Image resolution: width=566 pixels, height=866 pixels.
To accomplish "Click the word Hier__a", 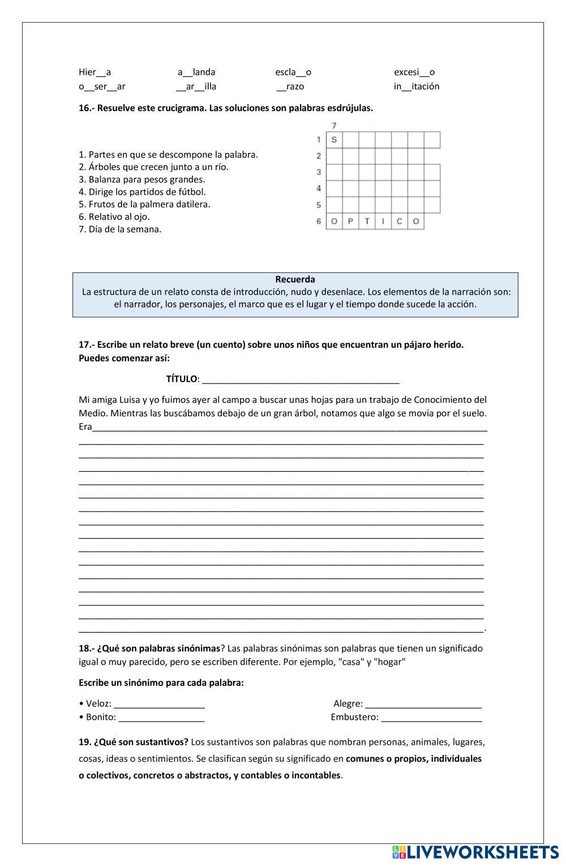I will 95,72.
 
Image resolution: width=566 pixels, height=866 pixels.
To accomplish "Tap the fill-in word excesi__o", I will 414,72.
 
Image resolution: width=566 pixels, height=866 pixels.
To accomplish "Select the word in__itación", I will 417,87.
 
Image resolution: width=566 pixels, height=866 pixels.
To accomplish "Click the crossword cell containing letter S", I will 334,140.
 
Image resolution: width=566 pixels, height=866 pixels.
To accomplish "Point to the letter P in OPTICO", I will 350,221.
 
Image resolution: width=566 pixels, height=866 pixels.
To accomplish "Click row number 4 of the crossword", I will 319,189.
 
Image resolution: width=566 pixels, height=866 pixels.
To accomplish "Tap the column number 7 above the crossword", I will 335,125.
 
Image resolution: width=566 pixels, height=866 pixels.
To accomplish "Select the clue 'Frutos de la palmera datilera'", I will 144,204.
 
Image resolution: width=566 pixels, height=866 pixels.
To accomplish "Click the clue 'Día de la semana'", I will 120,229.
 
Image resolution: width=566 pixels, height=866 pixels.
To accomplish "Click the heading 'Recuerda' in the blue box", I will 295,279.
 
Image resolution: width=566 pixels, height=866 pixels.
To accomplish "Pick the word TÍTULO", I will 181,379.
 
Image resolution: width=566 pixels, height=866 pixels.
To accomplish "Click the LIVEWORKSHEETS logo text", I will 481,852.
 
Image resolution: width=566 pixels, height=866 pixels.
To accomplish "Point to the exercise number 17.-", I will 86,345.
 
